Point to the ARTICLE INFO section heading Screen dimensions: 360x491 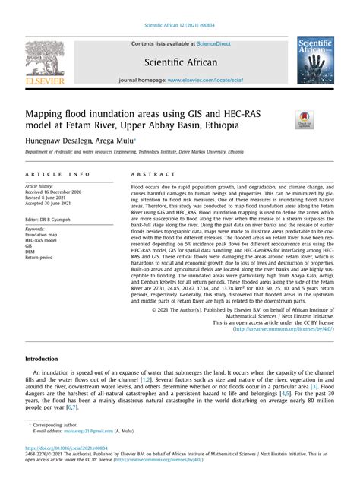coord(58,173)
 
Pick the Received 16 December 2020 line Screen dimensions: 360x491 coord(59,192)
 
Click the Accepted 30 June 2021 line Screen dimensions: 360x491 coord(55,204)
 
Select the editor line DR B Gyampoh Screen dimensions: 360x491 coord(54,217)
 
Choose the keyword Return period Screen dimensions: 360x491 coord(43,258)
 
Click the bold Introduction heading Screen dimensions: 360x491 coord(42,359)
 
